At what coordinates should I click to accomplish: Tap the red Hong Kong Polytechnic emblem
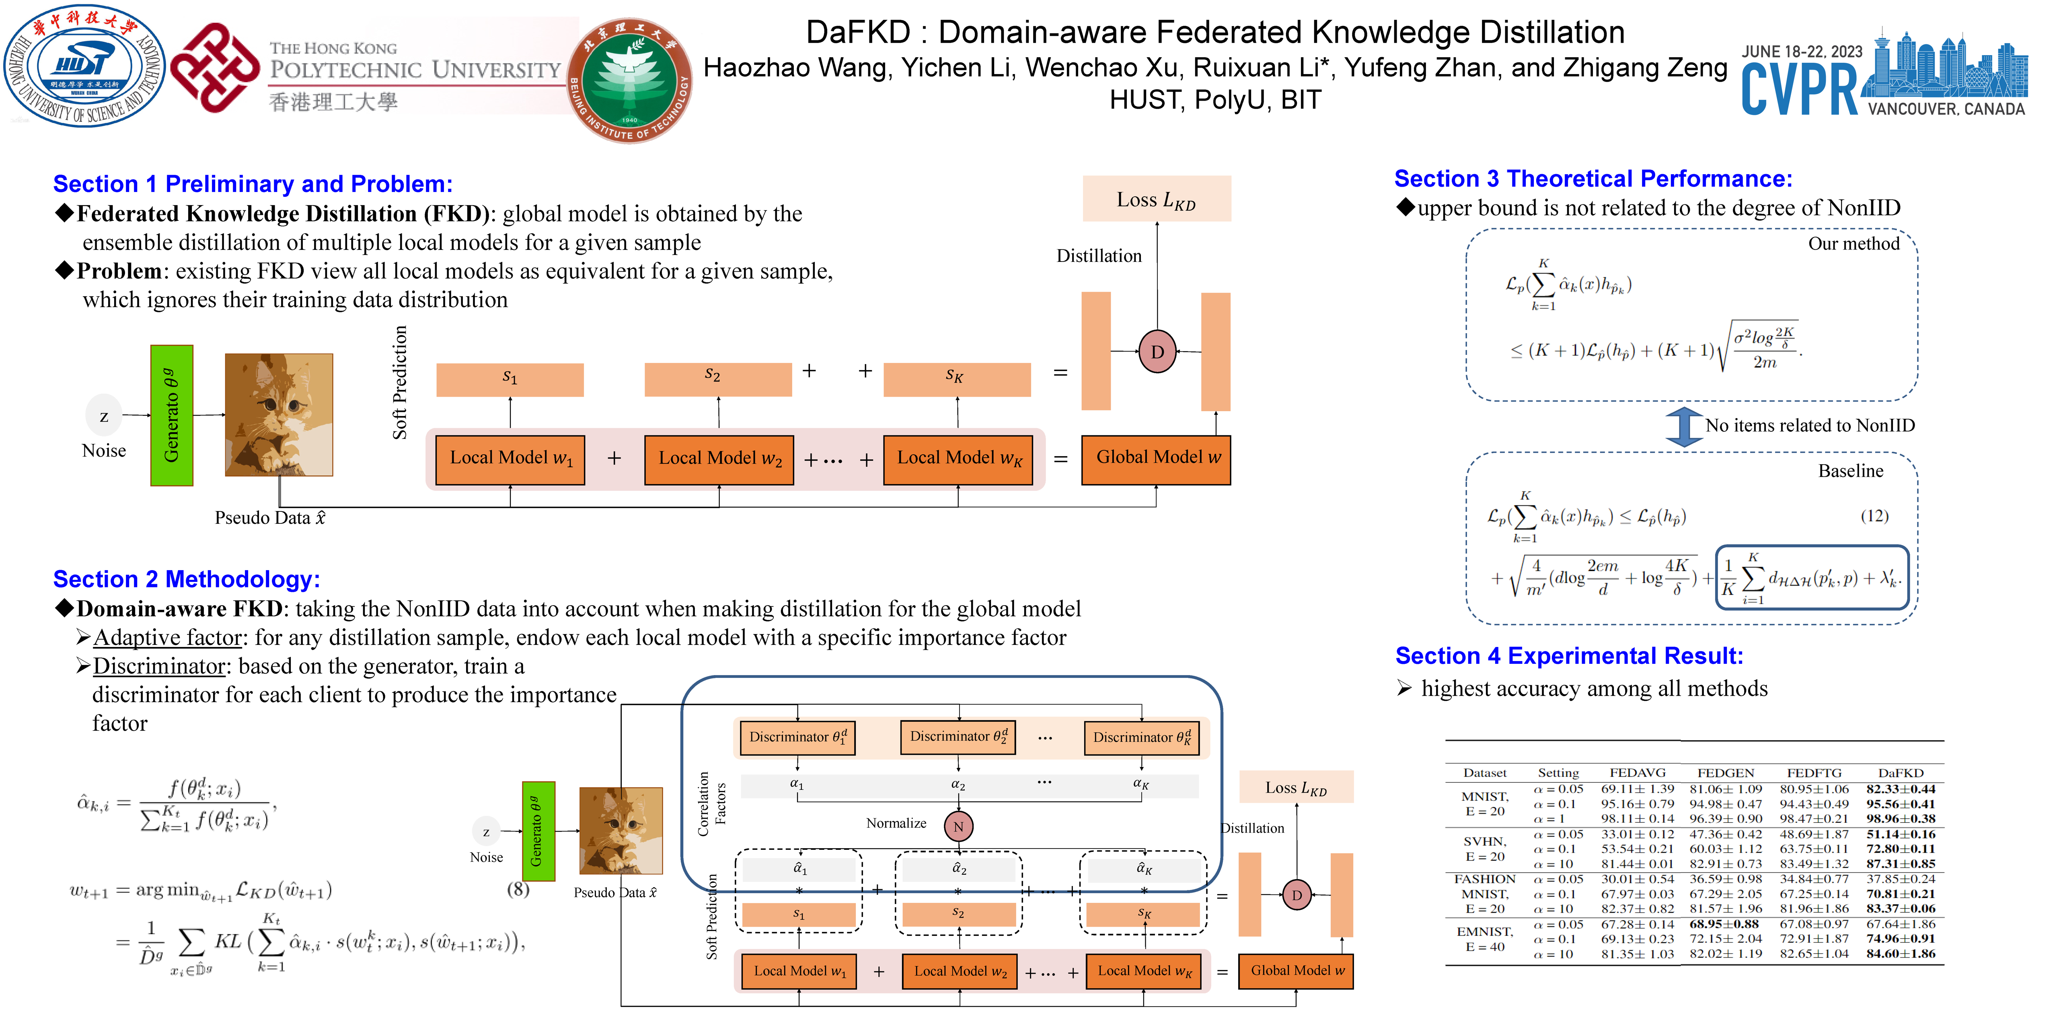click(214, 68)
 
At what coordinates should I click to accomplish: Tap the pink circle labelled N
click(958, 826)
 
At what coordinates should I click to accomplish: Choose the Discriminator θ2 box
click(958, 737)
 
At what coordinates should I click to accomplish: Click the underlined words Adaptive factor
click(167, 637)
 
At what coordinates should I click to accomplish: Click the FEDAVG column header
click(1637, 772)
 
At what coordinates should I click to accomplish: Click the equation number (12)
click(1874, 516)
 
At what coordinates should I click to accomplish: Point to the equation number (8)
click(518, 888)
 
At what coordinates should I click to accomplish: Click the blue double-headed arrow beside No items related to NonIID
click(1683, 426)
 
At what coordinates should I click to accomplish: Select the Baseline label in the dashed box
click(1850, 471)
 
